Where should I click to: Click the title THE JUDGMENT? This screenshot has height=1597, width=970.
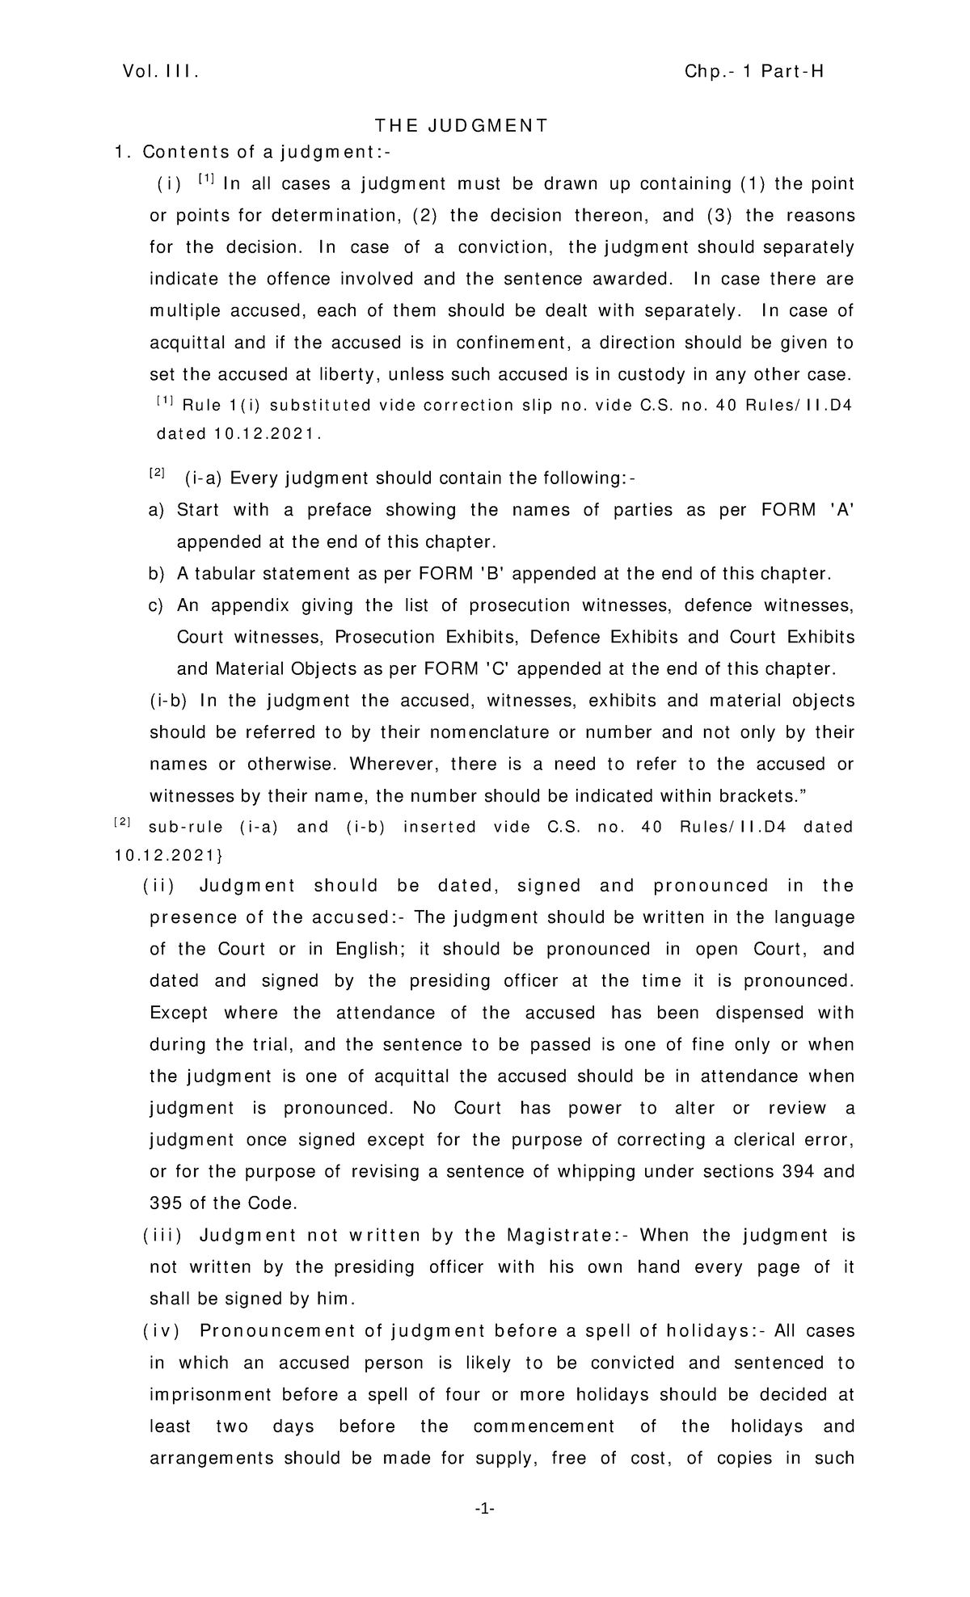(x=461, y=125)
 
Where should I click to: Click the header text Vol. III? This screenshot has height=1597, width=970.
(x=160, y=72)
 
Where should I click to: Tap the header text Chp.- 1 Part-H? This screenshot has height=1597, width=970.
(x=754, y=72)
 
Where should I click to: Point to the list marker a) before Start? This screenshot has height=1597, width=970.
(x=156, y=510)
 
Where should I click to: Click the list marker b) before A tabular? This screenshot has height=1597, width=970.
(x=156, y=574)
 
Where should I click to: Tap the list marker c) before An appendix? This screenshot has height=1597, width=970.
(x=156, y=605)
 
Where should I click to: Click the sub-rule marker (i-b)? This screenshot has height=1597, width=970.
(x=170, y=701)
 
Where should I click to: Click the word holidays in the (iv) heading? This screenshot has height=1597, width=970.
(x=716, y=1330)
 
